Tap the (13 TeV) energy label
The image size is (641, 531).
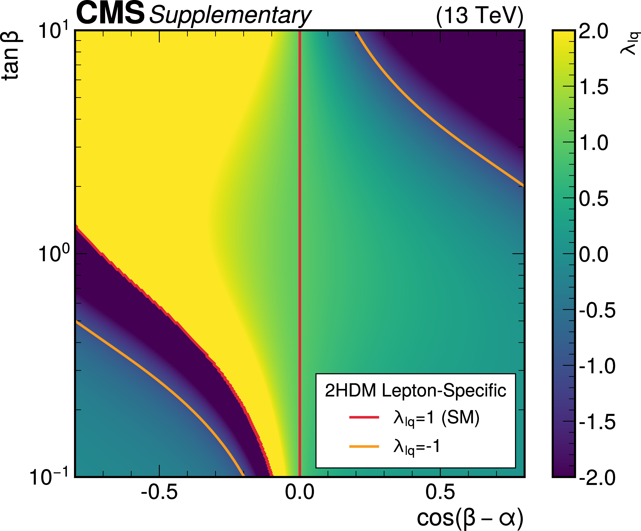pyautogui.click(x=479, y=15)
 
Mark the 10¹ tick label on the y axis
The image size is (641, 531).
pyautogui.click(x=54, y=30)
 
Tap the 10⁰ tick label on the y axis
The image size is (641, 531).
pyautogui.click(x=54, y=253)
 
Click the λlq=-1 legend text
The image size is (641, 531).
pyautogui.click(x=417, y=447)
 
